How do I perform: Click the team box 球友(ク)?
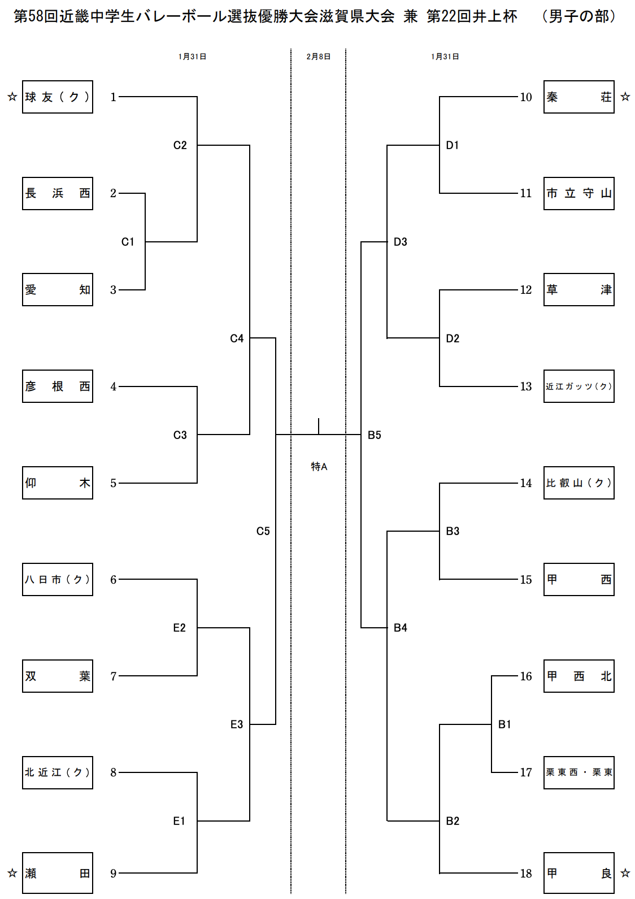click(x=58, y=97)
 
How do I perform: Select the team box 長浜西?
click(x=58, y=194)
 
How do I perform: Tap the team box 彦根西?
click(x=58, y=386)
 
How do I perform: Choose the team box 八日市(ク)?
click(x=58, y=580)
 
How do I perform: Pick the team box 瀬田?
click(x=58, y=874)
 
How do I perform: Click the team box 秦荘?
click(x=579, y=97)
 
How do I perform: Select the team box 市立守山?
click(x=579, y=194)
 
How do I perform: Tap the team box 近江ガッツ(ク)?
click(x=579, y=386)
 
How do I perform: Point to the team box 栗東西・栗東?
click(x=579, y=772)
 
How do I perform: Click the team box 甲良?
click(x=579, y=874)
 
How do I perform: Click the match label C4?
click(x=237, y=338)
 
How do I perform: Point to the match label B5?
click(x=375, y=435)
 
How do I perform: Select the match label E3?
click(x=237, y=724)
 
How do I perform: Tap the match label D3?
click(x=401, y=242)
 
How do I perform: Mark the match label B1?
click(x=504, y=724)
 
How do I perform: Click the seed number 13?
click(x=526, y=386)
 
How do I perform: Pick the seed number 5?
click(x=114, y=483)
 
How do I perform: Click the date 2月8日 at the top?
click(x=319, y=57)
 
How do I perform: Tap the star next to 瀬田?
click(x=12, y=874)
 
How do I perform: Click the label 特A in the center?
click(x=319, y=466)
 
